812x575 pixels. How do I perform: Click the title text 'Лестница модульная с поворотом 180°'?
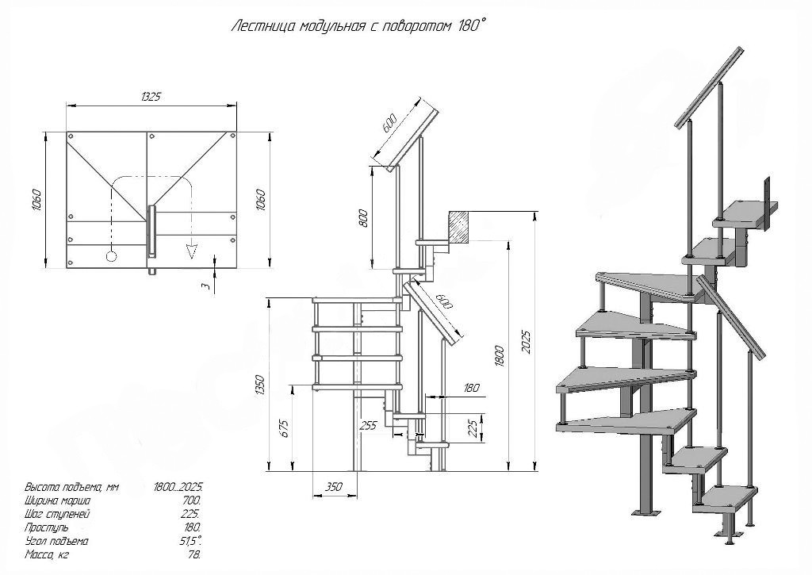point(358,26)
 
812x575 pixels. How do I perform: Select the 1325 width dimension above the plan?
point(151,97)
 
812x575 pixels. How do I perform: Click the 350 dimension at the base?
point(333,486)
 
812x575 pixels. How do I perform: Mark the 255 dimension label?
point(368,425)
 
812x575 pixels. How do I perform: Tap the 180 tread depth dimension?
point(471,388)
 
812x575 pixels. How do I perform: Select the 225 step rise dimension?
point(474,427)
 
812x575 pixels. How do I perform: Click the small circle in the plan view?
point(111,256)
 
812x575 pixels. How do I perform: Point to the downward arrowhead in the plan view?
point(191,251)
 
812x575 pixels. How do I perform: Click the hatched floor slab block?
point(460,225)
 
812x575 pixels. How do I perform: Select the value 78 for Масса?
point(195,554)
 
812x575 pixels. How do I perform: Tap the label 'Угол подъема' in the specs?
point(56,540)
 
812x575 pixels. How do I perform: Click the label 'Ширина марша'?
point(57,500)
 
